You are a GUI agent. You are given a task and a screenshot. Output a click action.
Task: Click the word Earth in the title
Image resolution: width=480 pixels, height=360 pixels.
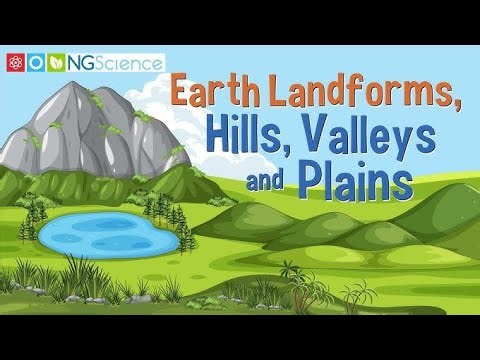[x=211, y=93]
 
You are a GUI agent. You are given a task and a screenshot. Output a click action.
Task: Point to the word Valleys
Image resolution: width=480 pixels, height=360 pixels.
[x=380, y=140]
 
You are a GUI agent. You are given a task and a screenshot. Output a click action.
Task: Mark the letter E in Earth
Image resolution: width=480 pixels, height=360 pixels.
[x=179, y=93]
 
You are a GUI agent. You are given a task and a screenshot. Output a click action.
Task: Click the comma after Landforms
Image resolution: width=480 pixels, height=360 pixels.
[x=462, y=110]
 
